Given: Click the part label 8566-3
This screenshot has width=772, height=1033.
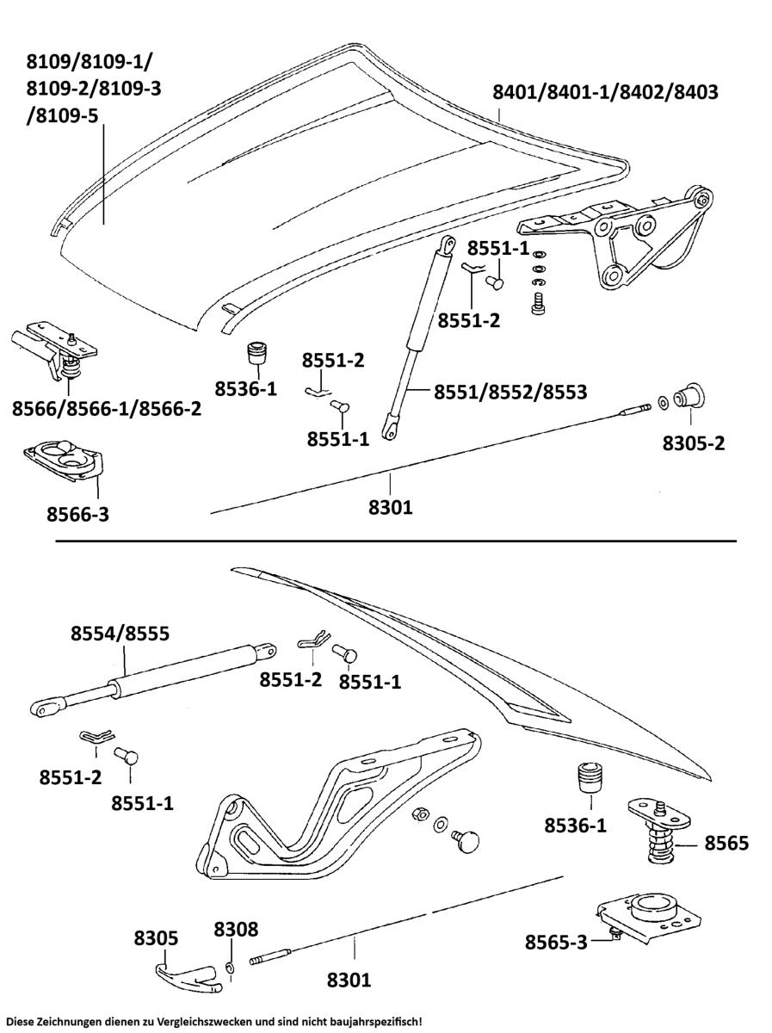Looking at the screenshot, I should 77,515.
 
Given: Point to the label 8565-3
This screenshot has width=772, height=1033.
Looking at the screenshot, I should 556,942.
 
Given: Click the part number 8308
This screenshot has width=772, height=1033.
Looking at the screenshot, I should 236,930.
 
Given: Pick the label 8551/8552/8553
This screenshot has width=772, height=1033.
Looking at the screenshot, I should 510,392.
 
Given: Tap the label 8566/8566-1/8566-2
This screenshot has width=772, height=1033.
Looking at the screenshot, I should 107,408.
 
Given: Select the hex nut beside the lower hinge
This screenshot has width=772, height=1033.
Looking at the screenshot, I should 421,814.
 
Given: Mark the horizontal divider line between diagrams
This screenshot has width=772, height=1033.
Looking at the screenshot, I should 396,541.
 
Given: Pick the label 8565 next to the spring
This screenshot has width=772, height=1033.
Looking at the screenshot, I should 726,843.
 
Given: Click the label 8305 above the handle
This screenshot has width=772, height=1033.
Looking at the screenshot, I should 155,938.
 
